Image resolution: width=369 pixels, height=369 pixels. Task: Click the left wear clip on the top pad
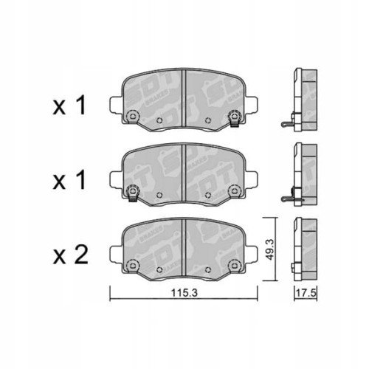[x=134, y=117]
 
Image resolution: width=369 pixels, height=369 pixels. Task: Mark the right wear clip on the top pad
[x=235, y=117]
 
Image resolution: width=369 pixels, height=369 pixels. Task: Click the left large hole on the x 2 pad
[x=134, y=264]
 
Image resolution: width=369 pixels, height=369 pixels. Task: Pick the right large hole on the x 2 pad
[x=235, y=264]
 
